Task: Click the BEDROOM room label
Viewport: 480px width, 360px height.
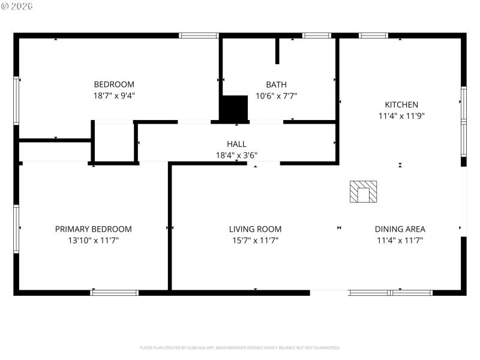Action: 114,85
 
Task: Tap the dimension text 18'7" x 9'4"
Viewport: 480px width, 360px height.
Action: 114,95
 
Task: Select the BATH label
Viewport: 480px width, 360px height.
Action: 276,85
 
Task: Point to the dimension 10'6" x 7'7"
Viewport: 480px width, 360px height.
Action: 276,95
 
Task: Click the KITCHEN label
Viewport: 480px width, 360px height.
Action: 401,104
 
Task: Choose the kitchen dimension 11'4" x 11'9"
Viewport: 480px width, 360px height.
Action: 401,116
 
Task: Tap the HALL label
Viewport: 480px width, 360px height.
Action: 236,144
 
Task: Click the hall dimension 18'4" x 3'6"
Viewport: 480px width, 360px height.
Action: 236,155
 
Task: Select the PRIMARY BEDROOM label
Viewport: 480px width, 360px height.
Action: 94,229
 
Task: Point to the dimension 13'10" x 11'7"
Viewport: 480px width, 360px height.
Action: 94,241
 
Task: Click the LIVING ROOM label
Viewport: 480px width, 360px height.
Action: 255,229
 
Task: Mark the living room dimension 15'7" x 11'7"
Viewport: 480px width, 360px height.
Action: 255,241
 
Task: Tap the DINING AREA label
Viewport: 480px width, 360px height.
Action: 400,229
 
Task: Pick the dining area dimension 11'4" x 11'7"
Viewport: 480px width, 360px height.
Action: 400,241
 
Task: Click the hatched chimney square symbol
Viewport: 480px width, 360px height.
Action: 364,192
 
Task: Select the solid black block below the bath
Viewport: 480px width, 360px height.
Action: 233,108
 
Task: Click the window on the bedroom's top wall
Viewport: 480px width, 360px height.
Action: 199,35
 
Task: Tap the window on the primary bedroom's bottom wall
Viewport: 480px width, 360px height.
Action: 114,293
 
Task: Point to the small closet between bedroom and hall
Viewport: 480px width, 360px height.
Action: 114,143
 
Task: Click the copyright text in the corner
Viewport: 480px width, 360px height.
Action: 17,5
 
